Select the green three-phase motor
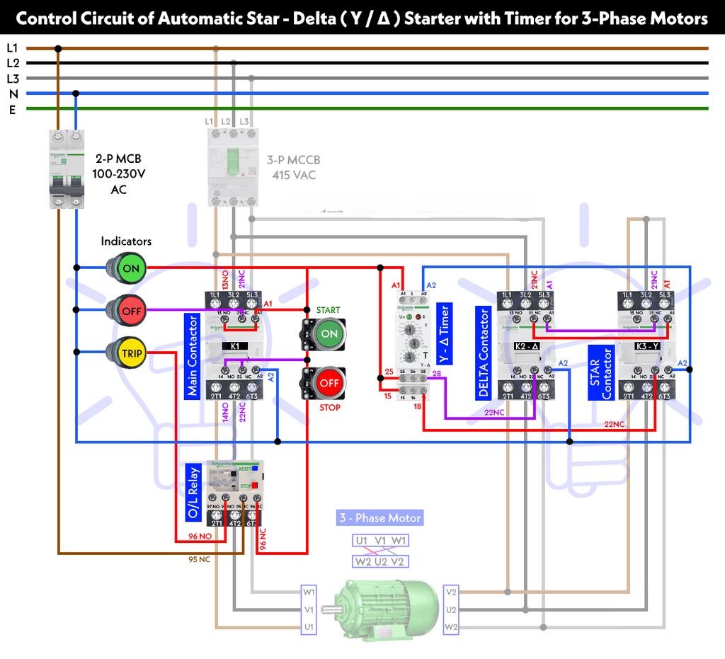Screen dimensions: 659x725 click(x=385, y=607)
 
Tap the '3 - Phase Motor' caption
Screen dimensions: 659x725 click(x=379, y=518)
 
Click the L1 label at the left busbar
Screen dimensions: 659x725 click(x=12, y=48)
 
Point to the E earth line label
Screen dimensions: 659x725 click(x=12, y=109)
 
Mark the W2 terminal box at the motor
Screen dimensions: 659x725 click(x=451, y=628)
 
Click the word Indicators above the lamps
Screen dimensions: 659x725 click(x=126, y=241)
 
